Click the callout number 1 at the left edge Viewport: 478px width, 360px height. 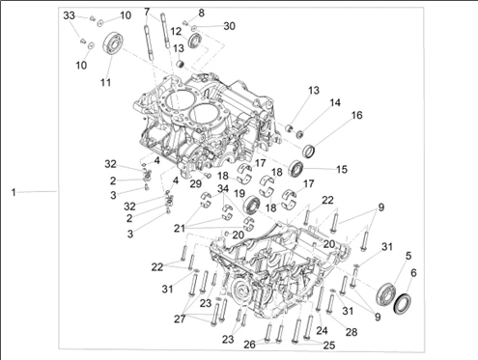tap(14, 192)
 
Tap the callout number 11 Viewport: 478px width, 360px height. tap(105, 82)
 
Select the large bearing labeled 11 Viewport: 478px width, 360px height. tap(112, 43)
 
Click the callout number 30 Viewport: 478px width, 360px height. tap(229, 26)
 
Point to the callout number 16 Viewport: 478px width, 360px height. tap(356, 115)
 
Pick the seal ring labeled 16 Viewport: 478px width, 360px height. tap(309, 151)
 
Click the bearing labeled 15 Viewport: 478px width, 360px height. tap(296, 168)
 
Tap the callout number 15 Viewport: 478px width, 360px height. tap(342, 169)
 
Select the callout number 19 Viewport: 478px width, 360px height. tap(239, 194)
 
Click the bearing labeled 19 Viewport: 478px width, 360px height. tap(252, 205)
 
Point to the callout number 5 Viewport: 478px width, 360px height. tap(408, 256)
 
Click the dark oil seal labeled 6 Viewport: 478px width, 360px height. tap(403, 303)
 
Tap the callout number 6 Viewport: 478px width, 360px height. tap(413, 273)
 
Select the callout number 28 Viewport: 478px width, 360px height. tap(351, 332)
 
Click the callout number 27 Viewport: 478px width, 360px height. tap(180, 318)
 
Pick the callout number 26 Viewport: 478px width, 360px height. tap(249, 345)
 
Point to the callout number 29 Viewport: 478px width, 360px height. tap(195, 183)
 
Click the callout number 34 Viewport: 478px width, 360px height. tap(223, 189)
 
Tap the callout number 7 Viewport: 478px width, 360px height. tap(147, 13)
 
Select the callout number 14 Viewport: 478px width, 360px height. tap(335, 102)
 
